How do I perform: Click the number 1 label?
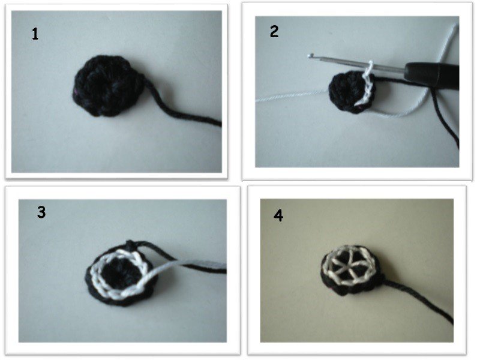35,34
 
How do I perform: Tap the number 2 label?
274,32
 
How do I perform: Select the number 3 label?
41,212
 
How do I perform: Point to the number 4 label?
278,216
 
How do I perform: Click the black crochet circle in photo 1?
107,86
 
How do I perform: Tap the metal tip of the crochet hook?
311,55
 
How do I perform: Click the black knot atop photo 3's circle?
131,244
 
